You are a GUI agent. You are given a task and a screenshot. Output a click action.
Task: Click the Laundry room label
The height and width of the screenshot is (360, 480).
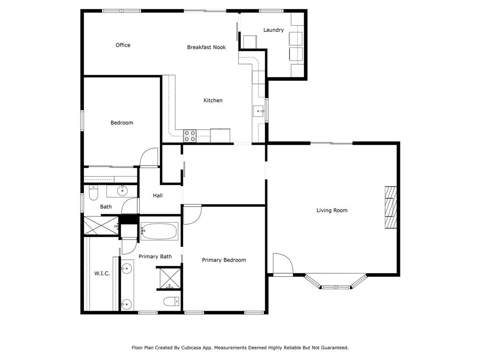point(273,30)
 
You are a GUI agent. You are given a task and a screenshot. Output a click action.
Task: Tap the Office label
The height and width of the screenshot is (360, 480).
point(123,45)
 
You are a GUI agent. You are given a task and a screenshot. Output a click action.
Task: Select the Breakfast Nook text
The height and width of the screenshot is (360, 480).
point(206,47)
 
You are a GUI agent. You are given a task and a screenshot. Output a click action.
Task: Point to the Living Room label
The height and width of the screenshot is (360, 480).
point(332,210)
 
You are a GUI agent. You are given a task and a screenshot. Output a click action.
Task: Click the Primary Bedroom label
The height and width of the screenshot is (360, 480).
point(224,260)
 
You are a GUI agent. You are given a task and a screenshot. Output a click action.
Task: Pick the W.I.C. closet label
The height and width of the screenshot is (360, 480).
point(102,273)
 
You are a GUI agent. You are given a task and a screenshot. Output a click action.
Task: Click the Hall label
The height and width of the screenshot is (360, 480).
point(157,195)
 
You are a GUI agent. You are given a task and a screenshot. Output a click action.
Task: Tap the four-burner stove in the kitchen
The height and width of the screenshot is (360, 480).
point(190,135)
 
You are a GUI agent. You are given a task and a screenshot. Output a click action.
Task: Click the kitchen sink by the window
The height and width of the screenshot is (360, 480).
point(258,111)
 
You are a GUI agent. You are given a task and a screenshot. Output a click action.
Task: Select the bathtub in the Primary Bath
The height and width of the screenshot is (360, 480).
point(159,231)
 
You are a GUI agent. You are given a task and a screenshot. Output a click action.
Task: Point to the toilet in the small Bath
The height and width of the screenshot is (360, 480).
point(93,193)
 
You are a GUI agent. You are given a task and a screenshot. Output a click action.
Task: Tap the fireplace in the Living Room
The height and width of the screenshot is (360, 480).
point(390,207)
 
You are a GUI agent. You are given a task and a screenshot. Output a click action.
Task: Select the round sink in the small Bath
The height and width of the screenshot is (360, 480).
point(122,190)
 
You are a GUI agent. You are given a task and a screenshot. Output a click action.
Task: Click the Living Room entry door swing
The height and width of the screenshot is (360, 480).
point(282,264)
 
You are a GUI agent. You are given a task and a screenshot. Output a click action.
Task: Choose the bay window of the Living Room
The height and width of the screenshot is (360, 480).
point(335,283)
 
